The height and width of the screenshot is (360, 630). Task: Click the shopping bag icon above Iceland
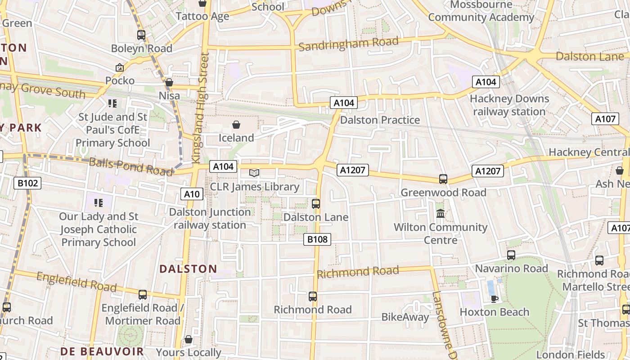(x=236, y=125)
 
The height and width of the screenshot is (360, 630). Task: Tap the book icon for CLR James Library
(x=254, y=173)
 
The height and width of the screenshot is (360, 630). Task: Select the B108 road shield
(x=318, y=239)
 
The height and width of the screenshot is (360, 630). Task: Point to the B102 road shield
(x=28, y=183)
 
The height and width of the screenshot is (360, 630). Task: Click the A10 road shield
(x=192, y=194)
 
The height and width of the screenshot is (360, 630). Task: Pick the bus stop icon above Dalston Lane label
(x=316, y=203)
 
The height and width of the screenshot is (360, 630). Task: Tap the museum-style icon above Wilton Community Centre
(x=441, y=214)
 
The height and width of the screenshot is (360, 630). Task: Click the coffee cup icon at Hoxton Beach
(x=494, y=299)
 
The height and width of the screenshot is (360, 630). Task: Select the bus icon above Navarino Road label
(x=511, y=255)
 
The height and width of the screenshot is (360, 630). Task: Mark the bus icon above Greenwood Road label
(x=443, y=179)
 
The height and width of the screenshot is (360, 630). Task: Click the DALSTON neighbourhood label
(x=188, y=269)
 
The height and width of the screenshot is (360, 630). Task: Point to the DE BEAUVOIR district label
(x=102, y=351)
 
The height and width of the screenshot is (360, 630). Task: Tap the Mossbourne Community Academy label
(x=481, y=11)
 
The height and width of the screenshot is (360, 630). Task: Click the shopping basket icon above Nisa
(x=169, y=82)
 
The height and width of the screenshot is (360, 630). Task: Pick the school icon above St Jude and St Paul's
(x=112, y=103)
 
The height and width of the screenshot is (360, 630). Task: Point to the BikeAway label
(x=405, y=317)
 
